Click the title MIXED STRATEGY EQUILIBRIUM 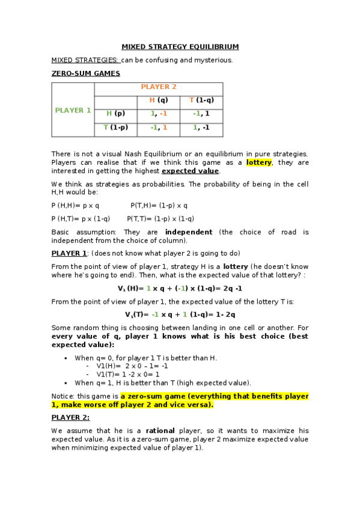tap(180, 46)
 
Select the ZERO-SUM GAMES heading tap(85, 73)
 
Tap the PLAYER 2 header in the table tap(159, 87)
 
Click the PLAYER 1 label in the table tap(73, 110)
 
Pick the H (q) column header tap(159, 100)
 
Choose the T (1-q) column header tap(201, 100)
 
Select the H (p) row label tap(115, 113)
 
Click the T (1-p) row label tap(115, 127)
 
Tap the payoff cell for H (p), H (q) tap(159, 113)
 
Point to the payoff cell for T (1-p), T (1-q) tap(201, 127)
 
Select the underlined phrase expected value tap(190, 171)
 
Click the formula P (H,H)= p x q tap(75, 205)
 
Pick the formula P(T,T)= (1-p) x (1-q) tap(160, 219)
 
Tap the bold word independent tap(189, 232)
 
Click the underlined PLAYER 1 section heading tap(69, 253)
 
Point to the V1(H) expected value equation tap(180, 287)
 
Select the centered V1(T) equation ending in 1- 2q tap(180, 314)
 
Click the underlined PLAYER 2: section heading tap(70, 417)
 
